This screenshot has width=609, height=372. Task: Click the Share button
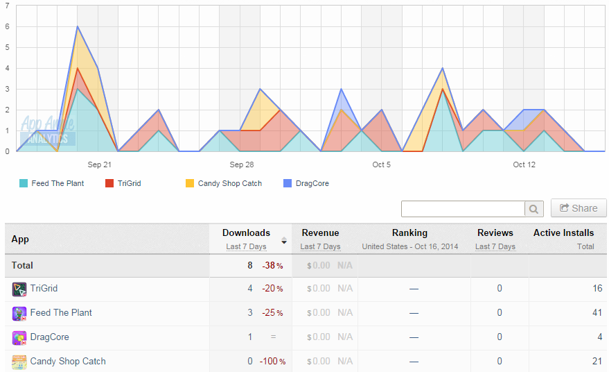(x=579, y=208)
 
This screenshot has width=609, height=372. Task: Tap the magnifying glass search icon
(x=533, y=209)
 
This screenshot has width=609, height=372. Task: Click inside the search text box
(x=463, y=209)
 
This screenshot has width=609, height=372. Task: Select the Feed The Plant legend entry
(x=52, y=183)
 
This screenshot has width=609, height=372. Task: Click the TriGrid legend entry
(x=123, y=183)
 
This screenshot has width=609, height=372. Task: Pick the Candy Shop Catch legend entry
(x=224, y=183)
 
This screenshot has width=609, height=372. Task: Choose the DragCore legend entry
(x=306, y=183)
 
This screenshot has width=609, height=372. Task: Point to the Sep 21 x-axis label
(x=100, y=164)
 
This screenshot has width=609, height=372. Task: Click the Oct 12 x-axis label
(x=524, y=164)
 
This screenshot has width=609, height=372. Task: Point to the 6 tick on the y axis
(x=7, y=26)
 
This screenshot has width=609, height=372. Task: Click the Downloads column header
(x=246, y=232)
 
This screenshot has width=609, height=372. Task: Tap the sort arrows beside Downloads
(x=284, y=240)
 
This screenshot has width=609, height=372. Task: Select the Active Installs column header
(x=563, y=232)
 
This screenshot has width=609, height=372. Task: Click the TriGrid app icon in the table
(x=19, y=289)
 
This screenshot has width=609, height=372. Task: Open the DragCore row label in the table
(x=50, y=337)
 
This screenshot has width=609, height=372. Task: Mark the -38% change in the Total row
(x=273, y=265)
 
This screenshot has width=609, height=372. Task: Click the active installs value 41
(x=597, y=312)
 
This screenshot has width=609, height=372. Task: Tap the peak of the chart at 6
(x=78, y=26)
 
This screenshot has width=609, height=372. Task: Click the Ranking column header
(x=409, y=232)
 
